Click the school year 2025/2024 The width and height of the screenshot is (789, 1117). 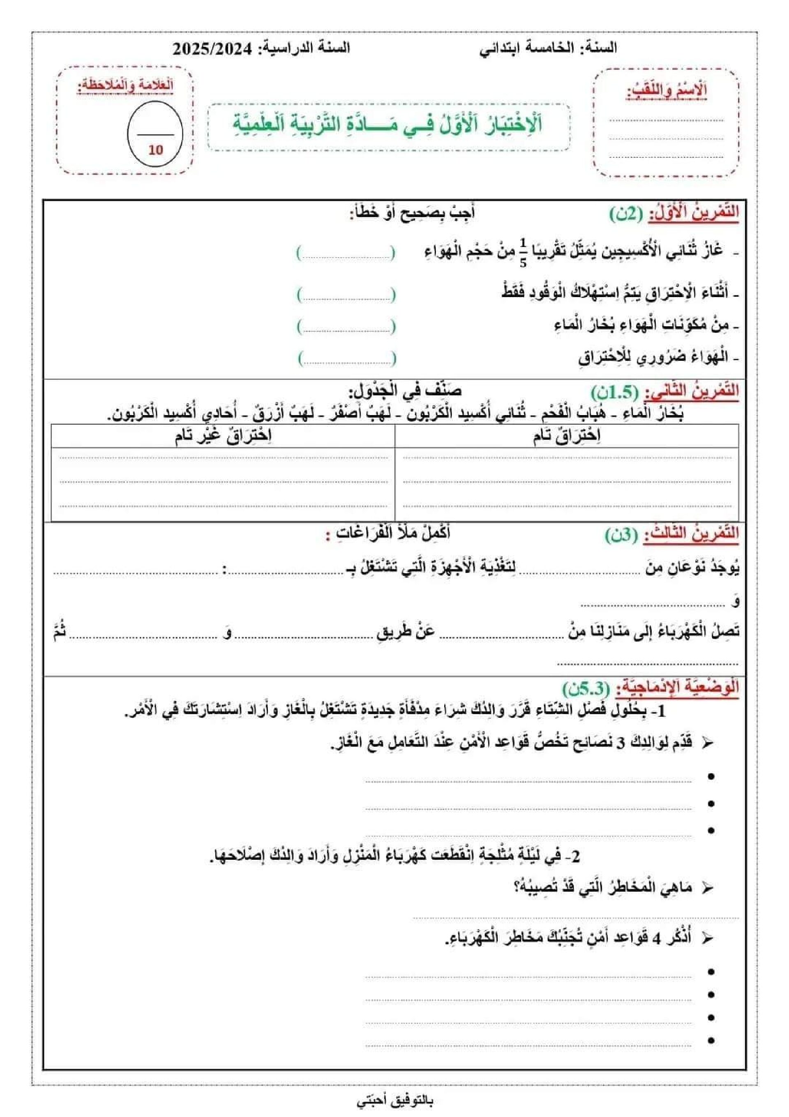click(x=212, y=48)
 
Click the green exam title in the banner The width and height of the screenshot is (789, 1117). click(x=388, y=125)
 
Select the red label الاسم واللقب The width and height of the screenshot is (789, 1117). click(x=667, y=91)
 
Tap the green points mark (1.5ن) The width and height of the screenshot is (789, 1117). click(x=614, y=392)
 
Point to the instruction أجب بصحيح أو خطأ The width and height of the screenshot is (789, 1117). click(x=412, y=213)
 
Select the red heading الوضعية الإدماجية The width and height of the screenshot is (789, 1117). click(x=677, y=688)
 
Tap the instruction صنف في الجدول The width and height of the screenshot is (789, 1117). click(x=405, y=391)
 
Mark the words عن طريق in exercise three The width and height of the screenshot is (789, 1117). click(x=406, y=632)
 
